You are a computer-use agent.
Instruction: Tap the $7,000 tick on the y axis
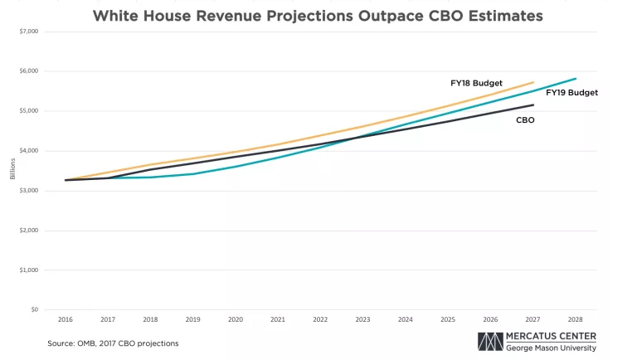pos(27,32)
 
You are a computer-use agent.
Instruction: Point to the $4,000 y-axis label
pos(27,151)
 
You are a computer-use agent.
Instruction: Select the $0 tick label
pos(34,309)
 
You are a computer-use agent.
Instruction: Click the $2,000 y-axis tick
pos(27,231)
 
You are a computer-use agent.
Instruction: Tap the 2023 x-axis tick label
pos(362,319)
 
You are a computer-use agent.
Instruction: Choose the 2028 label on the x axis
pos(575,319)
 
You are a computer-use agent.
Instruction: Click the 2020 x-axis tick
pos(235,319)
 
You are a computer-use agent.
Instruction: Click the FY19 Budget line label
pos(571,93)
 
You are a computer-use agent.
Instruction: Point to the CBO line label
pos(525,120)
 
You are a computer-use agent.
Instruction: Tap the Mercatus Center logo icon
pos(490,342)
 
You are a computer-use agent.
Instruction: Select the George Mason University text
pos(550,348)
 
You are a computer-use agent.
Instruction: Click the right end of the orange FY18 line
pos(532,82)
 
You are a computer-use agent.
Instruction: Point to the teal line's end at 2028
pos(575,79)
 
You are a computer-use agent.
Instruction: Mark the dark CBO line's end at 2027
pos(532,105)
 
